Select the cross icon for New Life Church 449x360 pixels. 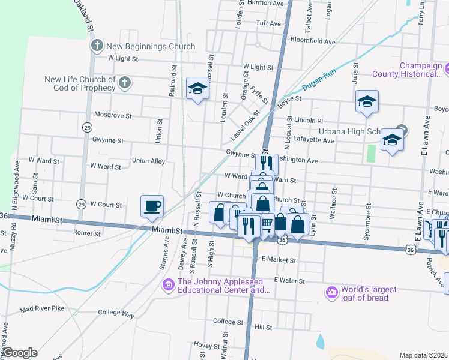(124, 83)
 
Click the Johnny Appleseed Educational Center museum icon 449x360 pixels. (168, 284)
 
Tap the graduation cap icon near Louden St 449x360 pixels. (196, 89)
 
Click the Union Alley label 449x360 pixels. (148, 161)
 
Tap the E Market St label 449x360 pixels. (279, 260)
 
